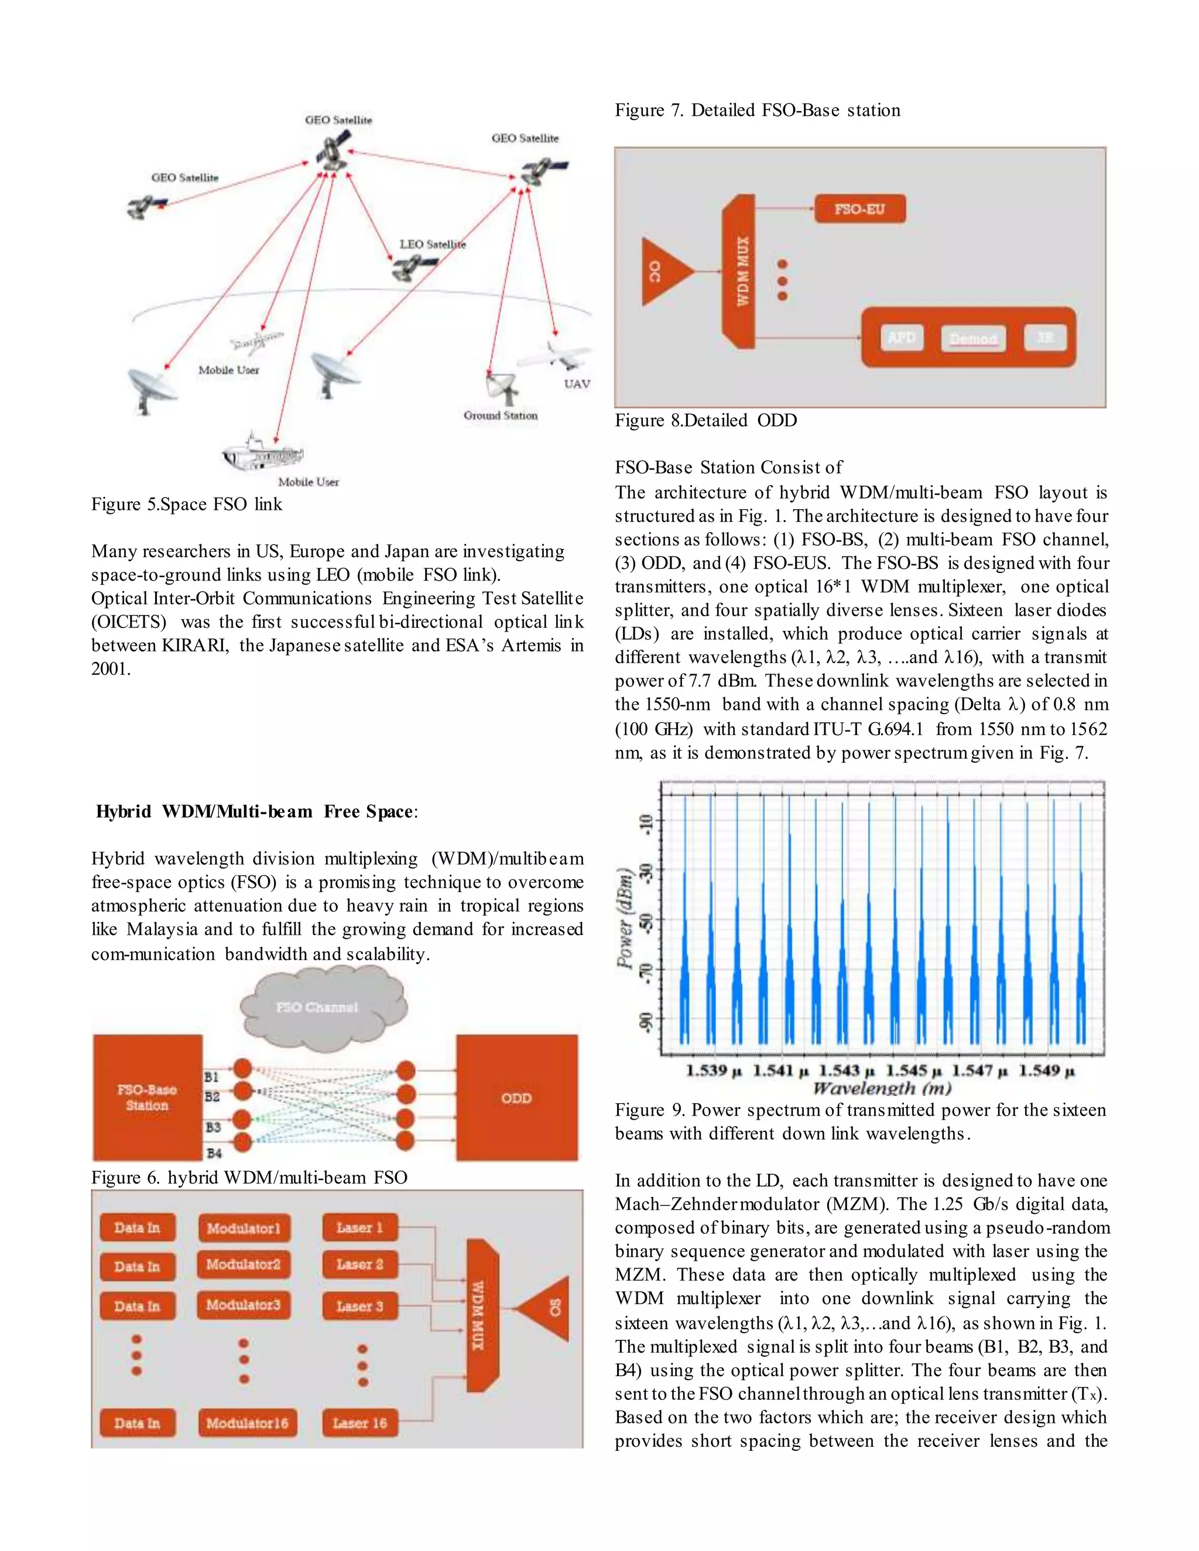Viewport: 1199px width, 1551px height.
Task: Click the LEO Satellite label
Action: (432, 244)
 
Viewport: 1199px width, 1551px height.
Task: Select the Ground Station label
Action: (500, 416)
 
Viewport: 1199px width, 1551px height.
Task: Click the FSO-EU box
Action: (859, 209)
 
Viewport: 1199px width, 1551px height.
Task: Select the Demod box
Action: (973, 339)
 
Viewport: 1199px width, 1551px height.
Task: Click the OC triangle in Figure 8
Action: (663, 272)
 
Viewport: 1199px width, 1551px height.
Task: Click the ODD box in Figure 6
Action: (516, 1098)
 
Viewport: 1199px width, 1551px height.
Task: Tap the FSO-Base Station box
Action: (147, 1097)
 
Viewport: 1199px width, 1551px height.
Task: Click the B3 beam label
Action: (213, 1127)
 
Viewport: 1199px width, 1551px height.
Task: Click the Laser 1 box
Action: (359, 1228)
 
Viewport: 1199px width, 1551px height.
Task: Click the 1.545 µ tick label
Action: (914, 1070)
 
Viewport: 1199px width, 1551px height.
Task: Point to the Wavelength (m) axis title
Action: (882, 1088)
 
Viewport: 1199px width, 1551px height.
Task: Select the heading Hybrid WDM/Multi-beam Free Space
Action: (256, 812)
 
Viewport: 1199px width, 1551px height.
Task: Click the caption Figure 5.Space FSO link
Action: (186, 504)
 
